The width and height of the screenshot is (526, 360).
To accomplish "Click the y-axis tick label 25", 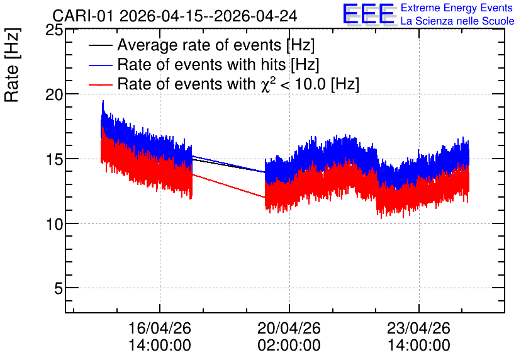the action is click(x=54, y=31).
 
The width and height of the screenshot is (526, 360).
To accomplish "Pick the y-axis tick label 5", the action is click(x=59, y=288).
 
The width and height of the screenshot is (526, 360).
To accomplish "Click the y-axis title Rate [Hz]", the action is click(x=12, y=65).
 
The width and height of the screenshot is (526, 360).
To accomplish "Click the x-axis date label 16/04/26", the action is click(x=160, y=328).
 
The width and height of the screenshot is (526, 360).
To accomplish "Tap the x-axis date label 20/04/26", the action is click(x=289, y=328).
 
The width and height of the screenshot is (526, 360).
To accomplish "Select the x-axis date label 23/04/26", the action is click(x=418, y=328).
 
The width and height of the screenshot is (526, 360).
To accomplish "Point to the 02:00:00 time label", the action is click(x=289, y=346).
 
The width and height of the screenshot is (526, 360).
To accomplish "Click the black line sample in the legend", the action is click(x=100, y=45).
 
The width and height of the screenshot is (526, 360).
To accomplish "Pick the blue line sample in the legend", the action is click(x=100, y=65).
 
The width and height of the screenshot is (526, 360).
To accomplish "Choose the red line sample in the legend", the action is click(x=100, y=84).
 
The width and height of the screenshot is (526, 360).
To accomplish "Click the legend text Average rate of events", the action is click(x=199, y=45).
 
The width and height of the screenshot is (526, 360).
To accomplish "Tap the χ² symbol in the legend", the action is click(x=268, y=84).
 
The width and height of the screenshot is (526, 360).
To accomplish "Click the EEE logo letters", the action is click(x=369, y=14).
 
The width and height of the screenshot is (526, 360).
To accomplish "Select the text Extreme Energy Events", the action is click(x=457, y=8).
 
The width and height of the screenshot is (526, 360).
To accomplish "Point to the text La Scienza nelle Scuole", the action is click(x=457, y=21).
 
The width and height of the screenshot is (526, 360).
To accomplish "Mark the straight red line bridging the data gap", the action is click(x=228, y=186).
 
